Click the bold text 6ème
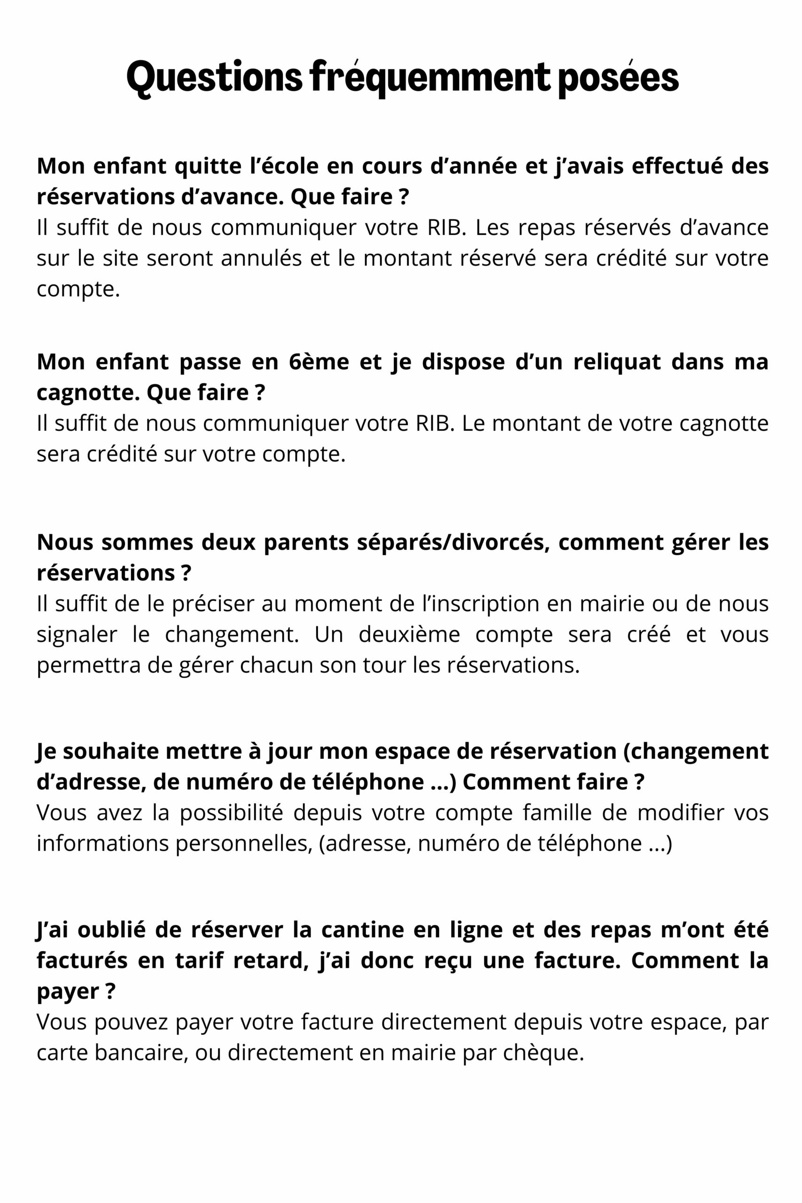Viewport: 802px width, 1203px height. [319, 362]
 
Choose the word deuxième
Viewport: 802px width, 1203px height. [409, 634]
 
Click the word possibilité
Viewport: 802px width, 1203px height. [231, 813]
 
